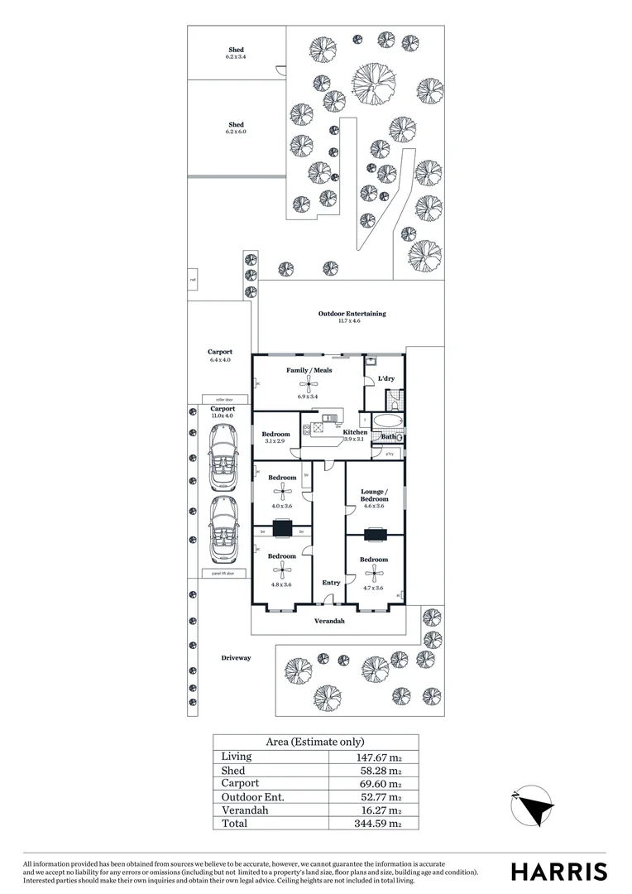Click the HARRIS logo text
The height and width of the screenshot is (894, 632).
pyautogui.click(x=558, y=872)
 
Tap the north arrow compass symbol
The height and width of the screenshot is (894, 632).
pyautogui.click(x=532, y=805)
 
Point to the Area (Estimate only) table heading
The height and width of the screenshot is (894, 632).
pyautogui.click(x=314, y=742)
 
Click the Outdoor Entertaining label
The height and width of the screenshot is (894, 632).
pyautogui.click(x=352, y=314)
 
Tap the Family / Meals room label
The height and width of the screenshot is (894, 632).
pyautogui.click(x=309, y=370)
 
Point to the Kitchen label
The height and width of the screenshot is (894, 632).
pyautogui.click(x=355, y=432)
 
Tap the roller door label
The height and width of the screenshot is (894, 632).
pyautogui.click(x=214, y=399)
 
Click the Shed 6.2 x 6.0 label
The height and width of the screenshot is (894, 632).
pyautogui.click(x=236, y=125)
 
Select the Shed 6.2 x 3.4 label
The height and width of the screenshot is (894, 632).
pyautogui.click(x=236, y=50)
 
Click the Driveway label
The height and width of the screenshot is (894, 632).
pyautogui.click(x=236, y=658)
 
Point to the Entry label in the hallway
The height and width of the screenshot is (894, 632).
pyautogui.click(x=331, y=583)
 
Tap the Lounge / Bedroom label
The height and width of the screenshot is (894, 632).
pyautogui.click(x=374, y=495)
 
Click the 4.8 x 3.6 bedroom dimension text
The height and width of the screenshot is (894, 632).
pyautogui.click(x=281, y=584)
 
